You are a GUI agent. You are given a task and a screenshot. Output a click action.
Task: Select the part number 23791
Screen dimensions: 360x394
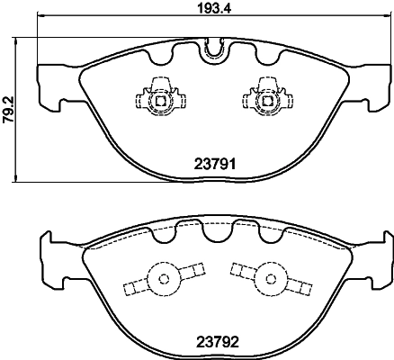click(x=213, y=165)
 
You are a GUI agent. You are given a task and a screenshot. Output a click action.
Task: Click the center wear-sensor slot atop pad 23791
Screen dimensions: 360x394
click(x=213, y=49)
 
